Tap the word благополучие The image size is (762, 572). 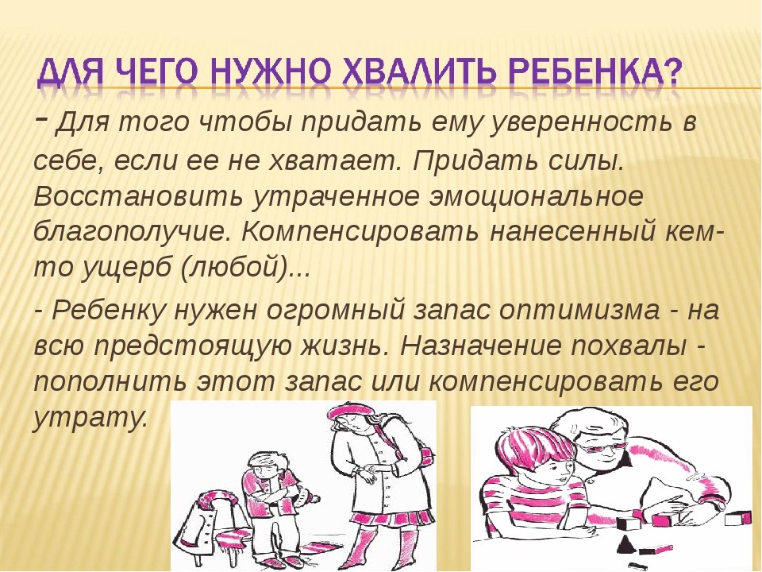pos(133,233)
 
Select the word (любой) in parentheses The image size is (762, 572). pos(233,269)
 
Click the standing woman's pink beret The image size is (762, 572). pos(350,412)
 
